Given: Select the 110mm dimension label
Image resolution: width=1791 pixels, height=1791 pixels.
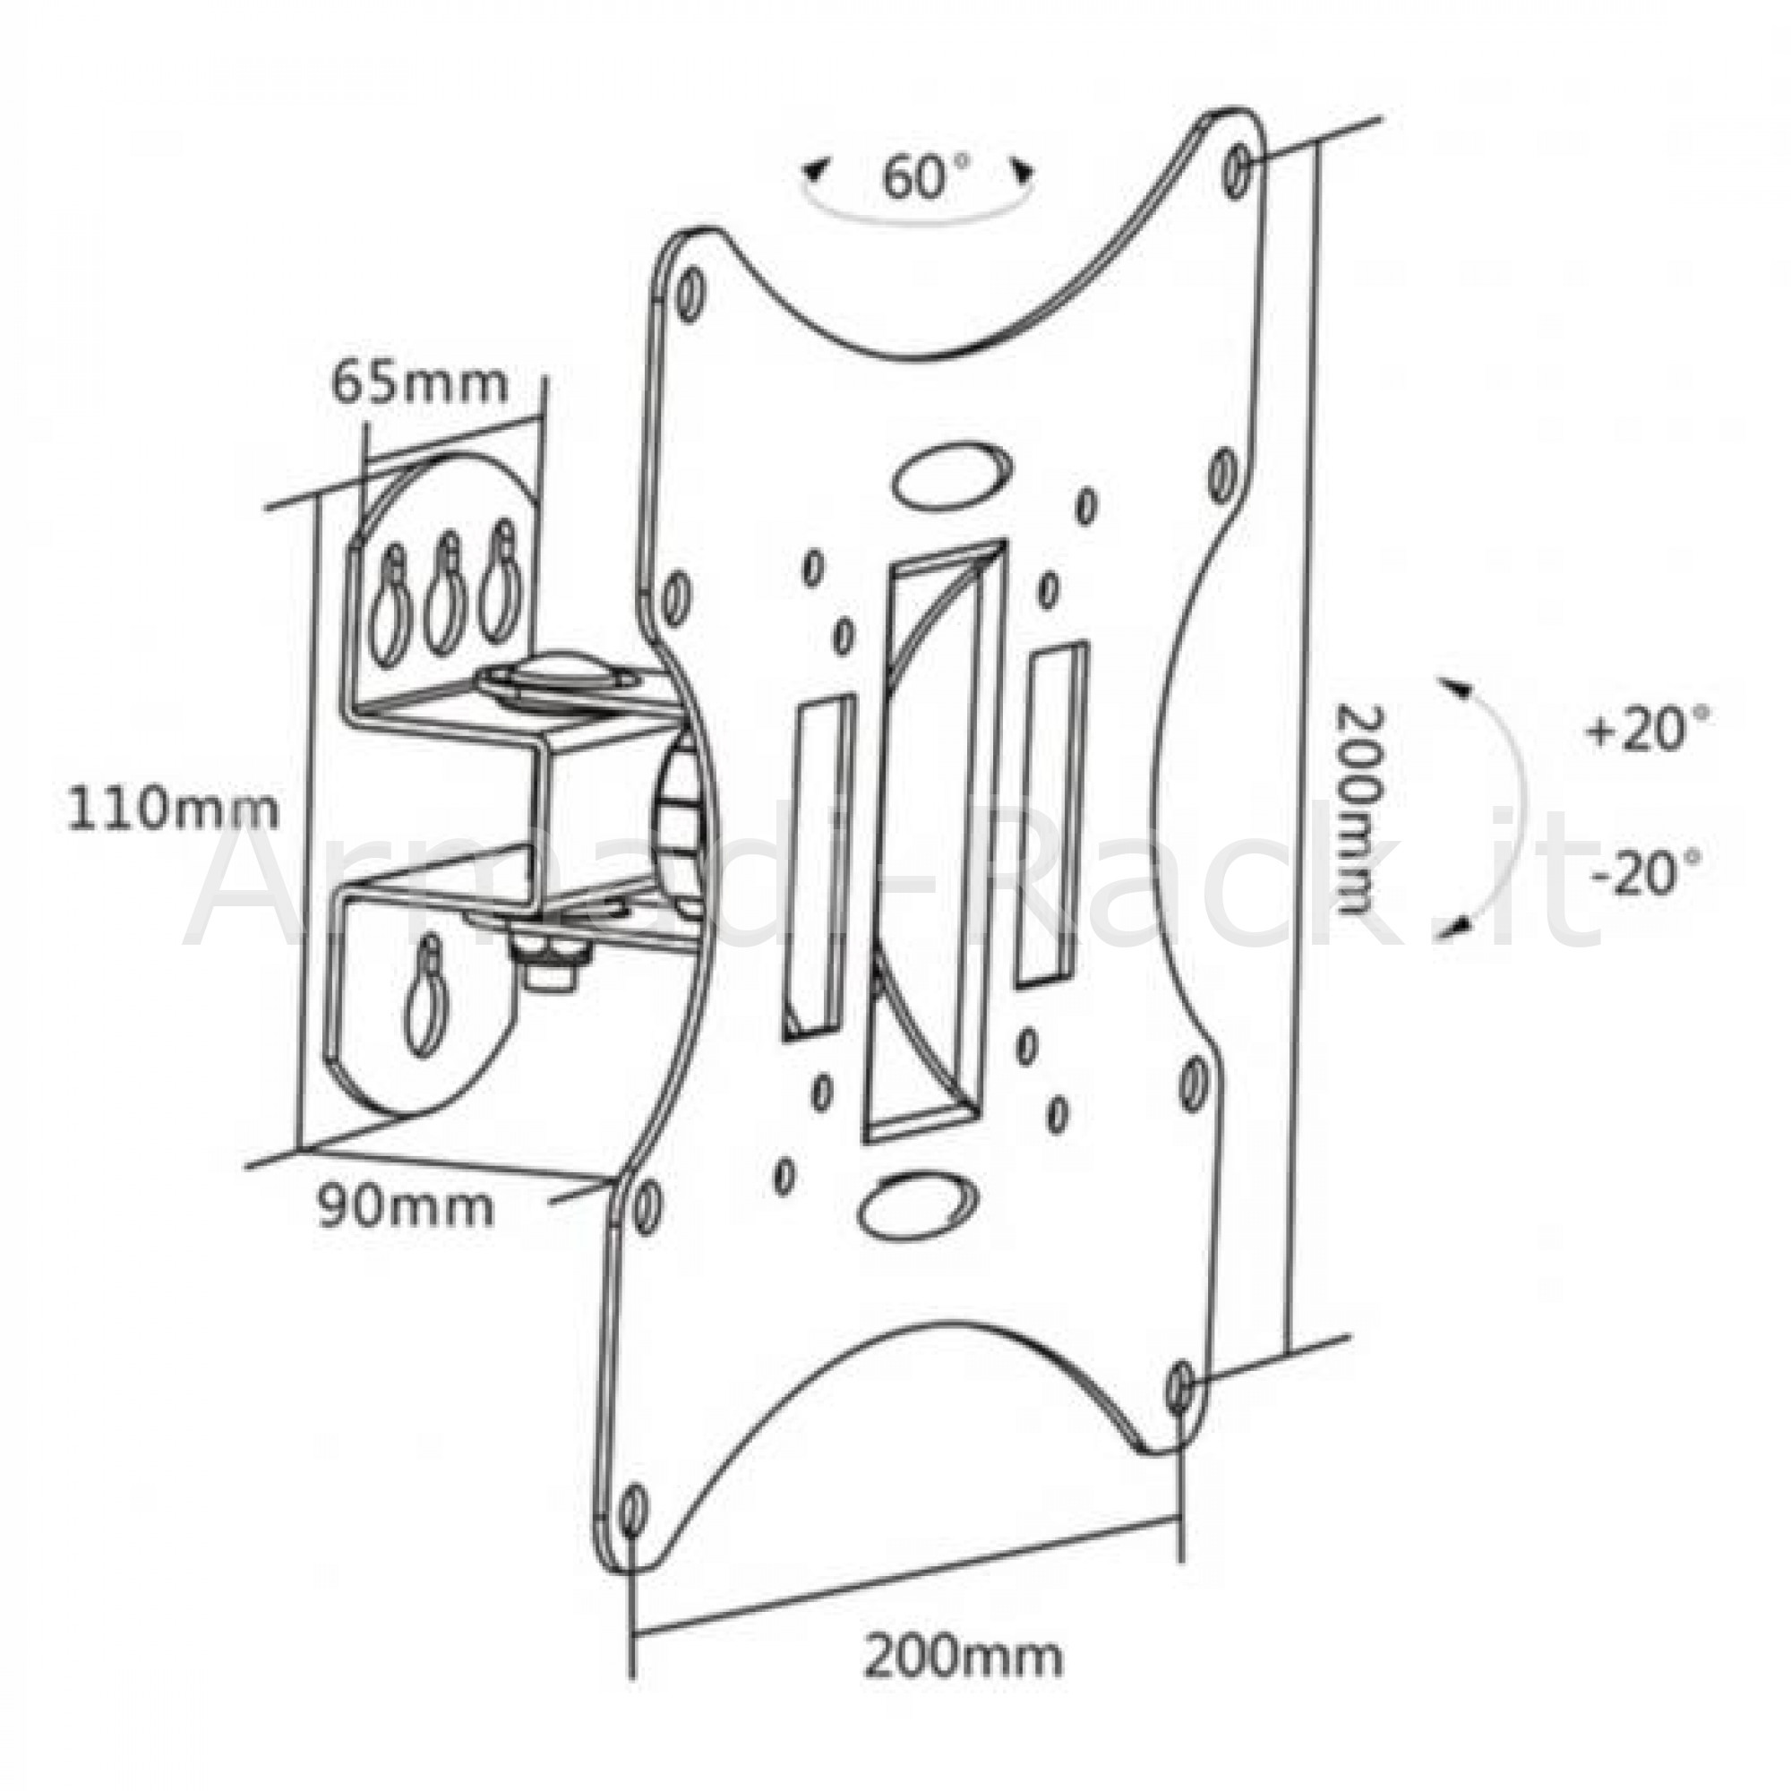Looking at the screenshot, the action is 173,809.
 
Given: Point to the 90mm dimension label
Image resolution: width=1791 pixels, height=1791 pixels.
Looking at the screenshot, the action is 405,1206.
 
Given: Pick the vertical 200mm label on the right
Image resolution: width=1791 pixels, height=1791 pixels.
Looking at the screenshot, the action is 1359,810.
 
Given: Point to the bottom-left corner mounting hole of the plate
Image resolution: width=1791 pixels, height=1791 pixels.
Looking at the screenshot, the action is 633,1509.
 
